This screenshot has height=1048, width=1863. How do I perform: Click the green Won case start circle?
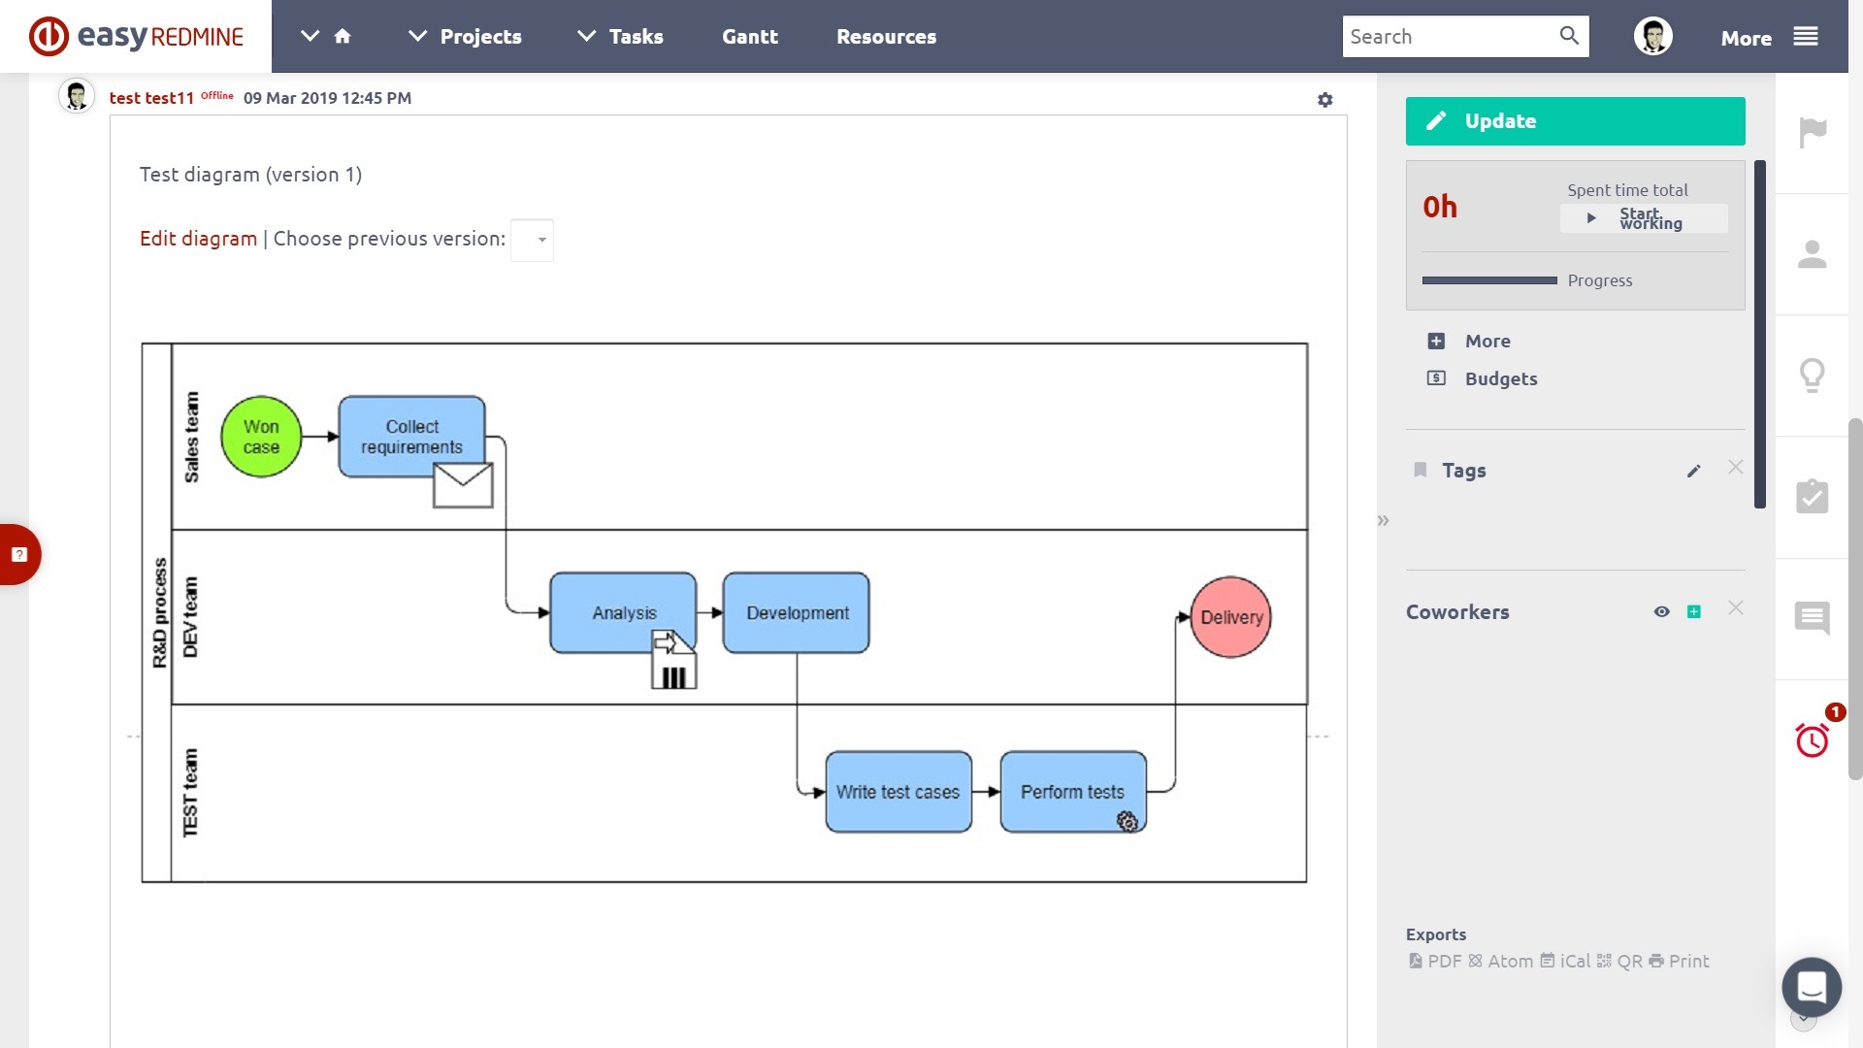coord(261,437)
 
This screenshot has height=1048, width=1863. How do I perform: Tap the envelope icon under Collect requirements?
coord(463,485)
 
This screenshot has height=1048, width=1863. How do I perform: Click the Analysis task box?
coord(623,612)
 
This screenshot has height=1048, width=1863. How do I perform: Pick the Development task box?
coord(797,612)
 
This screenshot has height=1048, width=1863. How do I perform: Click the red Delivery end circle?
coord(1230,617)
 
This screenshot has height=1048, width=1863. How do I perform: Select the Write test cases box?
coord(899,792)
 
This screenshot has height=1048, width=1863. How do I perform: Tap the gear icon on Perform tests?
coord(1127,822)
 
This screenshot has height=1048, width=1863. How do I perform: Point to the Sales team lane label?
coord(191,437)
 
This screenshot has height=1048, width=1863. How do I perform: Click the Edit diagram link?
coord(198,239)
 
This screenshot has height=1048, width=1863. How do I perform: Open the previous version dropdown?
coord(532,240)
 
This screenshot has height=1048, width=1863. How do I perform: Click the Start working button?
coord(1644,218)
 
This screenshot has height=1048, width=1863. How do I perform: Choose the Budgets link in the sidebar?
coord(1500,378)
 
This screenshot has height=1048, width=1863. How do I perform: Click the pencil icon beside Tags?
coord(1694,471)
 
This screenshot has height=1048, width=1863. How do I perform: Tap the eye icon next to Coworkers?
coord(1662,611)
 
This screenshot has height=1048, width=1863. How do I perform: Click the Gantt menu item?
coord(750,37)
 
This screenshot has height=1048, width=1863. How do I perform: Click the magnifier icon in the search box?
coord(1569,36)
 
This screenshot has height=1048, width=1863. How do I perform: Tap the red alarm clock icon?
coord(1812,740)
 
